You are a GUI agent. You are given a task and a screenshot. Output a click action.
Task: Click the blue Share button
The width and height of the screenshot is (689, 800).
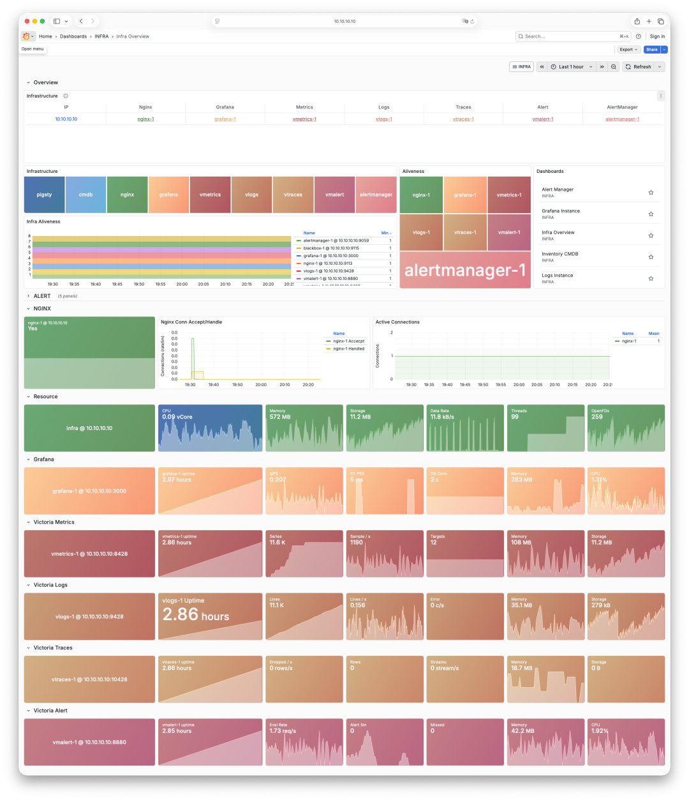(651, 49)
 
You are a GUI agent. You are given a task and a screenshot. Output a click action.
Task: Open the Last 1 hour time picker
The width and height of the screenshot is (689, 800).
(571, 67)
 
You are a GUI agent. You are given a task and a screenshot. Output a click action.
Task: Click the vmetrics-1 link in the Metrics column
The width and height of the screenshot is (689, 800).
(304, 119)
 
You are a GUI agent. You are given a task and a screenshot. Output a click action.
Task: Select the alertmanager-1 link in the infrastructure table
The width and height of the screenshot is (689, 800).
(622, 119)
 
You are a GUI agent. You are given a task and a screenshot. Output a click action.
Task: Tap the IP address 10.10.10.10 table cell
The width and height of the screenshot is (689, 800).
(66, 119)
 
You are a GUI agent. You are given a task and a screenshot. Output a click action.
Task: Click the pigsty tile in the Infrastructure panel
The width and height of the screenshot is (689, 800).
(44, 195)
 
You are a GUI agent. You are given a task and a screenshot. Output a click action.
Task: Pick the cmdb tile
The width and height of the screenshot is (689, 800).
(85, 195)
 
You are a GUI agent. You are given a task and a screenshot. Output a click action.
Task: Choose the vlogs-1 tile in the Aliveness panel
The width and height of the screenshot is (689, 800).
(420, 233)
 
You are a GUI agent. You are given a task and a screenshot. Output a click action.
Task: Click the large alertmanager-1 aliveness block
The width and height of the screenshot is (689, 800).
(465, 270)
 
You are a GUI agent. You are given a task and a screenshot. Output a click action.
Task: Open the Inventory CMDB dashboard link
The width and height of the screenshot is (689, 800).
(559, 254)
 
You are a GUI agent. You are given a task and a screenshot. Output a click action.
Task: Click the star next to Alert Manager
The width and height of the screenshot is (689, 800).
(651, 192)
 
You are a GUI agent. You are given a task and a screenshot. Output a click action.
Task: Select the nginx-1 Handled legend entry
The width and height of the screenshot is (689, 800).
(348, 349)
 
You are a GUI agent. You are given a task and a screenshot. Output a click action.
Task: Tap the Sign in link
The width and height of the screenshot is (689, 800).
(657, 36)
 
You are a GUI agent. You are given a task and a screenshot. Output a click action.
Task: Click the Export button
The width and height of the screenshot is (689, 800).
(628, 49)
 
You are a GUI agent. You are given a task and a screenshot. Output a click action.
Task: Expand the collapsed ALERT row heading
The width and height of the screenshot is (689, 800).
(41, 296)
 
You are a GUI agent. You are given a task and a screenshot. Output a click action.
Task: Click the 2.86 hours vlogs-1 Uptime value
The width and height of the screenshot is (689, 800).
(195, 616)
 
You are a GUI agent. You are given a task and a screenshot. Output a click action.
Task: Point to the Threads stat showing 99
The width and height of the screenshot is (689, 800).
(515, 417)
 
